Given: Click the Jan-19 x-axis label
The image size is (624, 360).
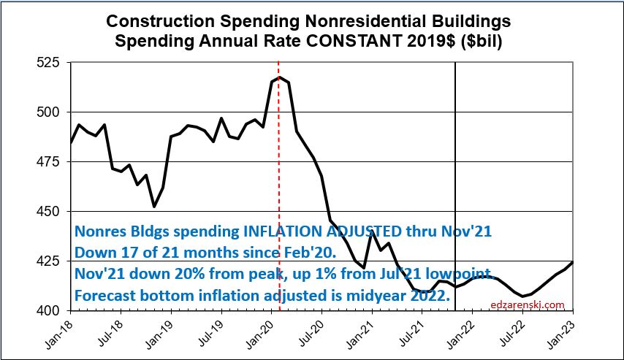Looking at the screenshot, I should (x=161, y=332).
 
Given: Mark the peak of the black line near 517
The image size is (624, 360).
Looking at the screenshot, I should (x=280, y=77).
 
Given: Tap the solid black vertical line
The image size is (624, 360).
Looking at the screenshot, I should (x=456, y=146).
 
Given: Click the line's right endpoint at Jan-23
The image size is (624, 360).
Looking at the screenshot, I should (x=572, y=262).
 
